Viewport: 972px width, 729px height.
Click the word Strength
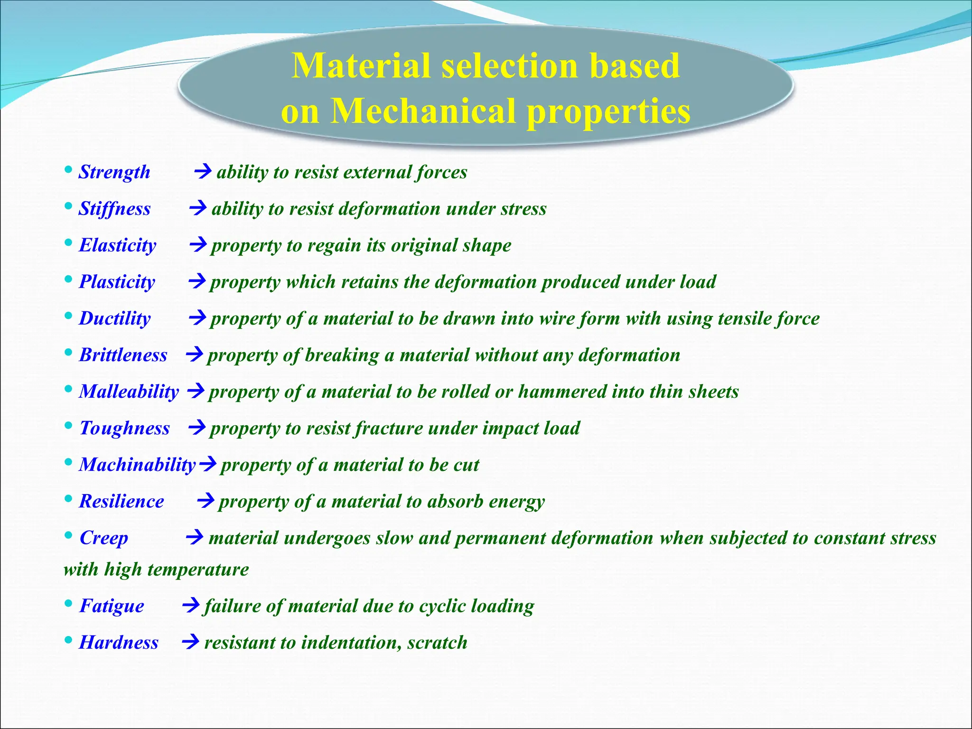pyautogui.click(x=114, y=172)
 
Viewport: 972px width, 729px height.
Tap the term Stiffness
pyautogui.click(x=114, y=209)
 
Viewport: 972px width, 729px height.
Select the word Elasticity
pyautogui.click(x=117, y=245)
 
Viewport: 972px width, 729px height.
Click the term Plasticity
pyautogui.click(x=117, y=282)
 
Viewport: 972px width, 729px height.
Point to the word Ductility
pyautogui.click(x=115, y=318)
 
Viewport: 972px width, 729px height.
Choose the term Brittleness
pyautogui.click(x=123, y=355)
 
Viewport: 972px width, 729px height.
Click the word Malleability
pyautogui.click(x=129, y=392)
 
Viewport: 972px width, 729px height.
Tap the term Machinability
pyautogui.click(x=137, y=465)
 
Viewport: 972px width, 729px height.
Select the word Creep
pyautogui.click(x=103, y=538)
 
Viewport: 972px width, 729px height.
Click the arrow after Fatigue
pyautogui.click(x=191, y=605)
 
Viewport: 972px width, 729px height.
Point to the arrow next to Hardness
pyautogui.click(x=191, y=642)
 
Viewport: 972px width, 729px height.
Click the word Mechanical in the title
pyautogui.click(x=422, y=112)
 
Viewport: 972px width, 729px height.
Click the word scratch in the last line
pyautogui.click(x=437, y=643)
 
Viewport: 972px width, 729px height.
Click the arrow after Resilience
pyautogui.click(x=206, y=501)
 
